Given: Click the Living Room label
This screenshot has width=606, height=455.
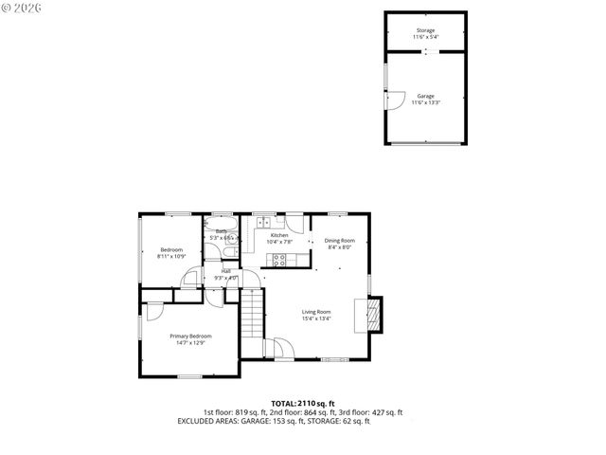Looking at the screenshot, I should coord(316,312).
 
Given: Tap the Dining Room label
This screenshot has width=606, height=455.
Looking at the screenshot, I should coord(338,241).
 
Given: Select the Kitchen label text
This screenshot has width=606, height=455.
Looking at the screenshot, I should coord(279,235).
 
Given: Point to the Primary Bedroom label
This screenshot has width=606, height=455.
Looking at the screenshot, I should coord(190,336).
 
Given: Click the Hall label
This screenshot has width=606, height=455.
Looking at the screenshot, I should coord(226,271).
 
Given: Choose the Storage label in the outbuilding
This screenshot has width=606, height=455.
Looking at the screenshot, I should coord(426,30).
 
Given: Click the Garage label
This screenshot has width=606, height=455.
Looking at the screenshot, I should coord(426,96).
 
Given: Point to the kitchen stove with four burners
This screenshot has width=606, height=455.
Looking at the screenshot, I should coord(280,259).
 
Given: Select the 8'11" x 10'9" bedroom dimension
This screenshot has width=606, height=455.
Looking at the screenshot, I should coord(170,256).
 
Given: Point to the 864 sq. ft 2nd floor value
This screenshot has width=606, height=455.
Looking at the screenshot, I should coord(312,412).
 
